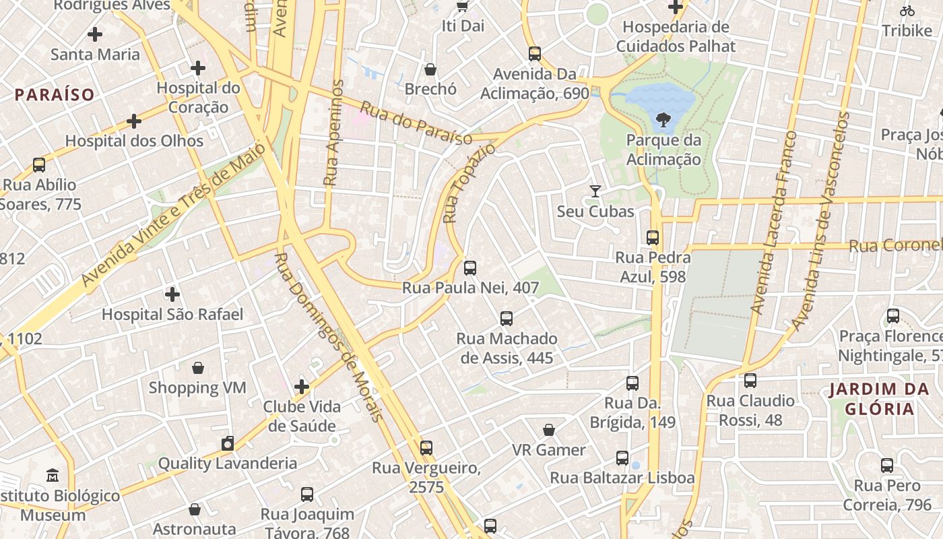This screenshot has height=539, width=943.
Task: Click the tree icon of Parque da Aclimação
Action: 663,121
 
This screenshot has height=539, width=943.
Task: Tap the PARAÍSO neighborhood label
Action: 55,94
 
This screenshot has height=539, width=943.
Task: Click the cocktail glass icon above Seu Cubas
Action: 595,191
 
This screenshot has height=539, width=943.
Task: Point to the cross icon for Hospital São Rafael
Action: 172,294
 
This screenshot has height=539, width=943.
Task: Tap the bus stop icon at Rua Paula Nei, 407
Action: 470,268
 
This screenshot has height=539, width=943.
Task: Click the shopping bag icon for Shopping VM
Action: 198,368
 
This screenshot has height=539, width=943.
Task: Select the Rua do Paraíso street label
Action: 416,123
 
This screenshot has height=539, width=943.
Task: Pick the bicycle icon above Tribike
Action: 907,11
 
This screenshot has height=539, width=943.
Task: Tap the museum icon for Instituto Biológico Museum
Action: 53,476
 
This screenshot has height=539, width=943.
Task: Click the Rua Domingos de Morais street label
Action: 329,337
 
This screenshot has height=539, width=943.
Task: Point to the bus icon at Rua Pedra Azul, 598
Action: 652,237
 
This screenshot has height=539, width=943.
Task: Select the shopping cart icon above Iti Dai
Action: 462,7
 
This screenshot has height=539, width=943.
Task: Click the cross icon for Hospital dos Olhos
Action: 134,121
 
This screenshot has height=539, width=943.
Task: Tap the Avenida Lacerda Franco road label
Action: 775,222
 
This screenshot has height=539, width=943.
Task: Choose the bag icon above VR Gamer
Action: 549,430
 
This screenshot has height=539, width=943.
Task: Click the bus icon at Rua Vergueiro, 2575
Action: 426,448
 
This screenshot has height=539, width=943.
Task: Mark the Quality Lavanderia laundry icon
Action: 228,443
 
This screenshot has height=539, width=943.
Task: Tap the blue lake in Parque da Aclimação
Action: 657,98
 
